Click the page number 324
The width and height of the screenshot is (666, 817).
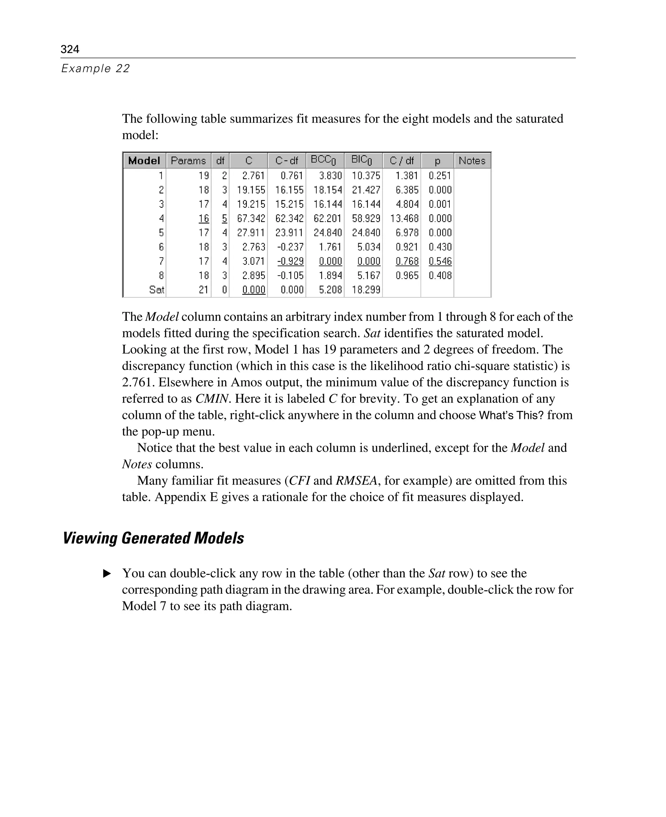70,49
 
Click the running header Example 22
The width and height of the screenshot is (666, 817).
96,68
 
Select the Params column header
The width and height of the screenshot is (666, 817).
188,161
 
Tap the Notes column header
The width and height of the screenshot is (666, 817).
472,161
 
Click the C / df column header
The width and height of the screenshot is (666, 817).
401,161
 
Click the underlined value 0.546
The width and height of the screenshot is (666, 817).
440,261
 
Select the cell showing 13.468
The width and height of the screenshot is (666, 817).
404,218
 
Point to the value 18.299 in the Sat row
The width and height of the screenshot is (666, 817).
366,290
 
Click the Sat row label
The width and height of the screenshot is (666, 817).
156,290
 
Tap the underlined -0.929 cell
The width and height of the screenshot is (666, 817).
290,261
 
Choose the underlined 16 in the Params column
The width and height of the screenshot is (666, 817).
204,218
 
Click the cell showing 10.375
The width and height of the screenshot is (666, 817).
366,175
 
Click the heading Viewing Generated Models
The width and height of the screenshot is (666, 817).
153,538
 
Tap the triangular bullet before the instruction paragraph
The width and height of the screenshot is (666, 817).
107,574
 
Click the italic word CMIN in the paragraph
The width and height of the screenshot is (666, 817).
212,399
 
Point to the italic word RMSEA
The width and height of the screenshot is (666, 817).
356,480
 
